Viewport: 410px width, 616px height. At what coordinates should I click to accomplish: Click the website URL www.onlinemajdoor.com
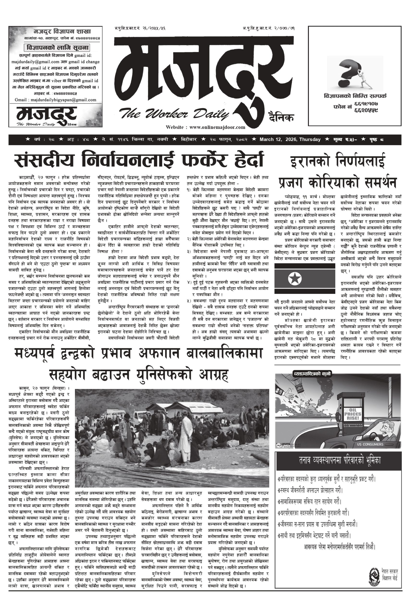pos(217,127)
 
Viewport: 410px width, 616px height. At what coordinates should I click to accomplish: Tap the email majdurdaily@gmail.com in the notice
pos(35,62)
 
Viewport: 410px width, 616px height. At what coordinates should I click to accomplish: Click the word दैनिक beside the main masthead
pos(281,118)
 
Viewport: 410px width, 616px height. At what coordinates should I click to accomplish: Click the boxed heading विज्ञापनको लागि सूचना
pos(57,48)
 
